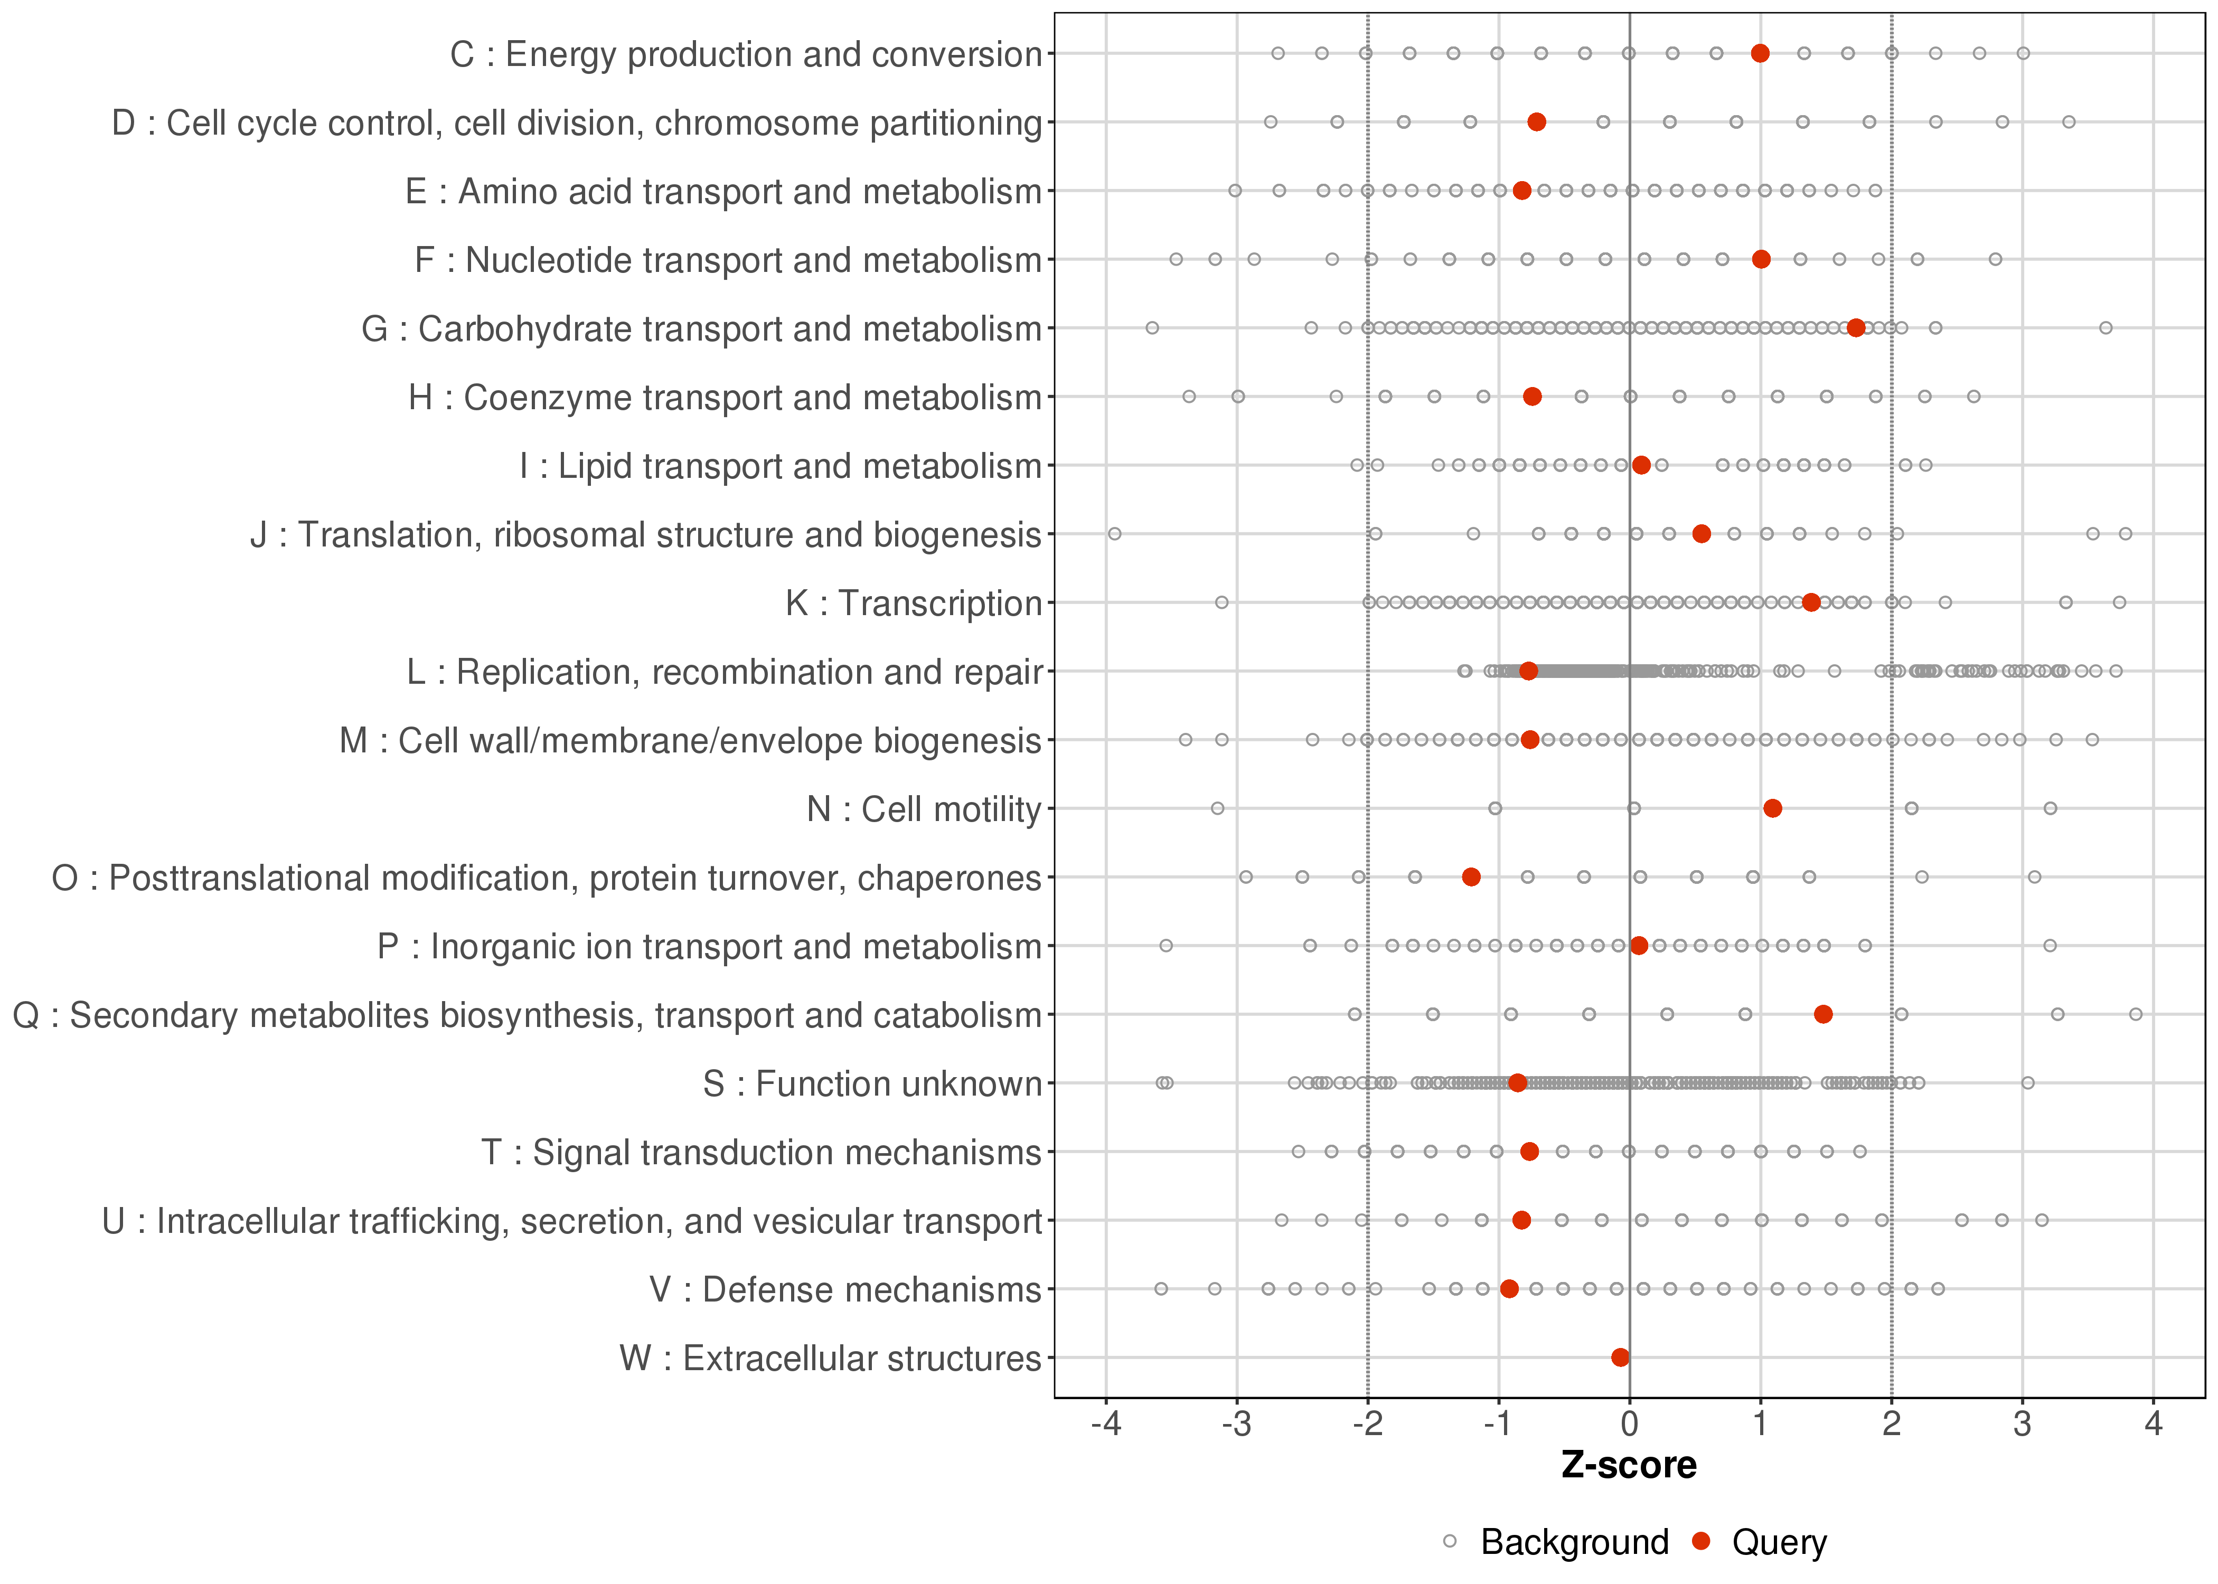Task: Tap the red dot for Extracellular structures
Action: click(1620, 1357)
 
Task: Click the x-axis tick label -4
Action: click(1105, 1425)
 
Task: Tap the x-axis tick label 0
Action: click(1629, 1425)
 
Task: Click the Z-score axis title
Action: click(1629, 1466)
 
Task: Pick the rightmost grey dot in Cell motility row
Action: click(2050, 808)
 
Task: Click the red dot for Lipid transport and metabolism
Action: click(1641, 465)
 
